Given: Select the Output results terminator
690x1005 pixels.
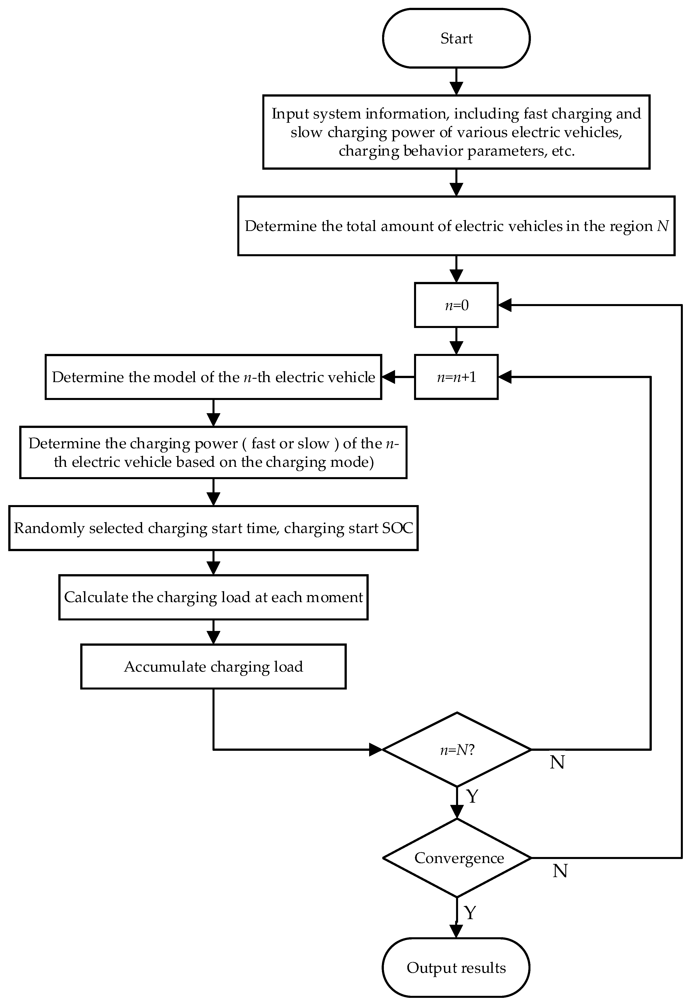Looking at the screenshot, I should (x=456, y=968).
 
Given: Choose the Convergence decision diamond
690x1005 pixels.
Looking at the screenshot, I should (x=457, y=858).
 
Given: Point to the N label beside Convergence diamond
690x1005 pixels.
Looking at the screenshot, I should (x=560, y=871).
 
